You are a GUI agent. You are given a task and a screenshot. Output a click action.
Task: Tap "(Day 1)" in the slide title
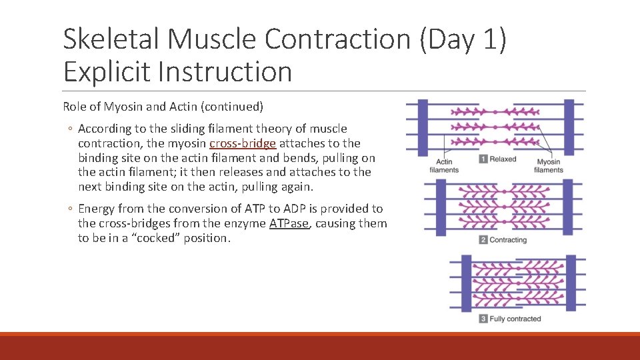pyautogui.click(x=463, y=39)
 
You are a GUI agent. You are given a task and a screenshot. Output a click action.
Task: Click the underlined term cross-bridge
pyautogui.click(x=243, y=143)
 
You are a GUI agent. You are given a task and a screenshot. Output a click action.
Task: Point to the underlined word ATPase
pyautogui.click(x=289, y=223)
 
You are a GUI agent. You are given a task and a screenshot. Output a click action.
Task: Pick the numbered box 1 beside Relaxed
pyautogui.click(x=483, y=159)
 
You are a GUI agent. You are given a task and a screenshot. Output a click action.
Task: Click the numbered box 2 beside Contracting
pyautogui.click(x=483, y=240)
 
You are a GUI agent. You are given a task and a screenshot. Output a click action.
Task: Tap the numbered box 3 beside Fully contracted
pyautogui.click(x=483, y=319)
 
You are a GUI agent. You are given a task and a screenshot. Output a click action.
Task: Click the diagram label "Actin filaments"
pyautogui.click(x=444, y=166)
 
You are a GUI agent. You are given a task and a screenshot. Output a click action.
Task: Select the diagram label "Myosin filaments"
pyautogui.click(x=549, y=166)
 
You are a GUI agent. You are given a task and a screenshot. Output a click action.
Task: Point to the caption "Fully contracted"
pyautogui.click(x=515, y=319)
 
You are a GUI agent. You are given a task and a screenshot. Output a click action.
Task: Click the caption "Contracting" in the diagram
pyautogui.click(x=508, y=240)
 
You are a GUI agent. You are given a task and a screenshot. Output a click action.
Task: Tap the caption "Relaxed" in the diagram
pyautogui.click(x=503, y=159)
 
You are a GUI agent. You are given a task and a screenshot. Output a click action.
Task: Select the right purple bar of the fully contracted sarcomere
pyautogui.click(x=571, y=285)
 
